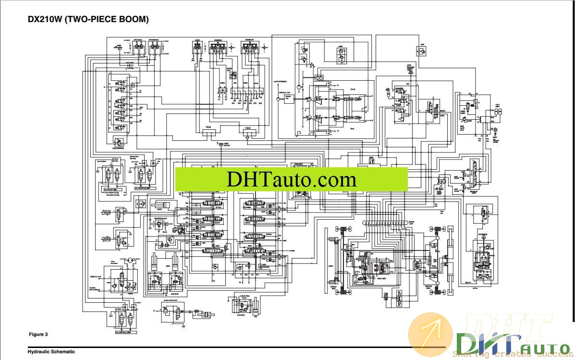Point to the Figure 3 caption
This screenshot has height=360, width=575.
pyautogui.click(x=38, y=334)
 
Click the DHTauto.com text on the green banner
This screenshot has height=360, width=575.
pyautogui.click(x=291, y=179)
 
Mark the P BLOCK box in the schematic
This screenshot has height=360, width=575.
pyautogui.click(x=248, y=131)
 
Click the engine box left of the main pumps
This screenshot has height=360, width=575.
pyautogui.click(x=289, y=98)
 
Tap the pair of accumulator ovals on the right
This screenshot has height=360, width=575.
pyautogui.click(x=498, y=112)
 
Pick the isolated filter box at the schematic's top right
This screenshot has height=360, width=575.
pyautogui.click(x=420, y=50)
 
